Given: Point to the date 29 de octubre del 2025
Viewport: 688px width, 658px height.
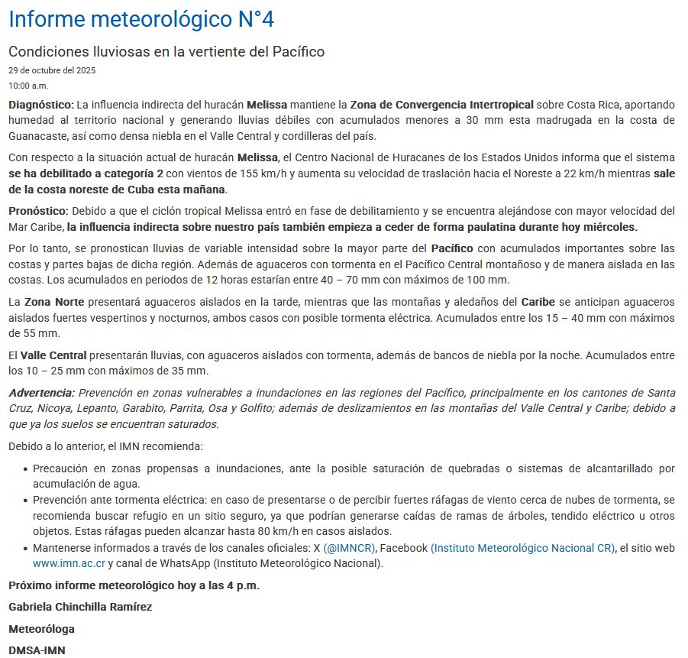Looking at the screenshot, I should pyautogui.click(x=51, y=70).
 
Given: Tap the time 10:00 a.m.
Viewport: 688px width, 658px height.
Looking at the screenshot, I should pyautogui.click(x=28, y=85).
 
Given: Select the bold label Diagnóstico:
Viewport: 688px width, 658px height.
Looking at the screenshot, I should pyautogui.click(x=41, y=104).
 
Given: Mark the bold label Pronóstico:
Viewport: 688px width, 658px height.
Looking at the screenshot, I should pyautogui.click(x=38, y=211).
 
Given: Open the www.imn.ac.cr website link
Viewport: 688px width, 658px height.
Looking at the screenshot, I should pyautogui.click(x=68, y=564).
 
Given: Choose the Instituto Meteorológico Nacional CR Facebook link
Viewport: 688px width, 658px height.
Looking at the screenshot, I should pyautogui.click(x=522, y=548).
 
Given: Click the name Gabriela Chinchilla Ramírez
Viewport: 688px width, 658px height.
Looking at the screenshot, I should pyautogui.click(x=80, y=607).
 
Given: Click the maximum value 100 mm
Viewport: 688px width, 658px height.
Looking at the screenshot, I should pyautogui.click(x=486, y=280).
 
